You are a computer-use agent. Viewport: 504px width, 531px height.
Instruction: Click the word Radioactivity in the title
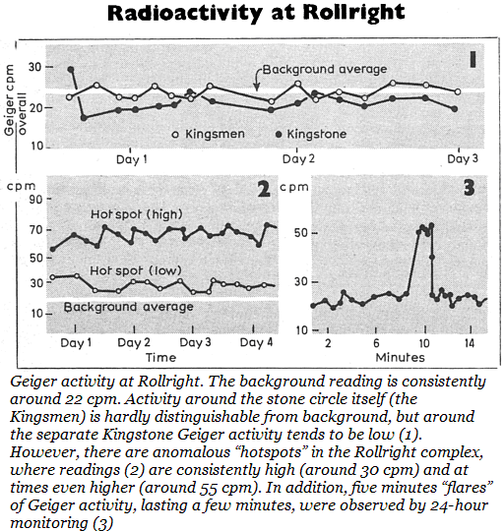click(184, 14)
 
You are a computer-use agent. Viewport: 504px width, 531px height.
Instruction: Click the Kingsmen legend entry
click(208, 134)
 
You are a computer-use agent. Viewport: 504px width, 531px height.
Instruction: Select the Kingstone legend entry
click(311, 134)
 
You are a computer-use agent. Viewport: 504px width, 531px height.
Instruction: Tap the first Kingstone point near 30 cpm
click(71, 70)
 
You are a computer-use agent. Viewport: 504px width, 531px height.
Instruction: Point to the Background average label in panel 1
click(325, 70)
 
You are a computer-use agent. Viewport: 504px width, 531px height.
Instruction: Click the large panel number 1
click(472, 60)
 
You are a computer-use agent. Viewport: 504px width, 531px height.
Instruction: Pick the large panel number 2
click(264, 189)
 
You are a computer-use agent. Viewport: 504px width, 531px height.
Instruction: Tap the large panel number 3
click(470, 187)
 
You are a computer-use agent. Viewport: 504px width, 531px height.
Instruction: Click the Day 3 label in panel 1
click(463, 159)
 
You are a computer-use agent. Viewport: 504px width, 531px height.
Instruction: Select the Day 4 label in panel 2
click(256, 342)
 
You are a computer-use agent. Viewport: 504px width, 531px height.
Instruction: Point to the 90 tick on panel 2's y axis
click(35, 199)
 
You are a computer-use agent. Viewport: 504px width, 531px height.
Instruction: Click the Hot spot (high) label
click(137, 214)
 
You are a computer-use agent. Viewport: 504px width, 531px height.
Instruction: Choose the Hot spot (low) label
click(136, 270)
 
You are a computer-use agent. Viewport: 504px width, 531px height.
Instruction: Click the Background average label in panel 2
click(128, 307)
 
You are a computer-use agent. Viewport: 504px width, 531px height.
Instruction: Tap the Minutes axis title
click(400, 358)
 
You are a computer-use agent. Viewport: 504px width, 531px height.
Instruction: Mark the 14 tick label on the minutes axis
click(470, 343)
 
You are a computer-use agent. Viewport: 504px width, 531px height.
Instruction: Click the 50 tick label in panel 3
click(300, 233)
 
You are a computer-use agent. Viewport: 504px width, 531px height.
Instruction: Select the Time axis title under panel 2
click(160, 358)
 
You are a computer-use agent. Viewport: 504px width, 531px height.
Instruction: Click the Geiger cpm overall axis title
click(15, 100)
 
